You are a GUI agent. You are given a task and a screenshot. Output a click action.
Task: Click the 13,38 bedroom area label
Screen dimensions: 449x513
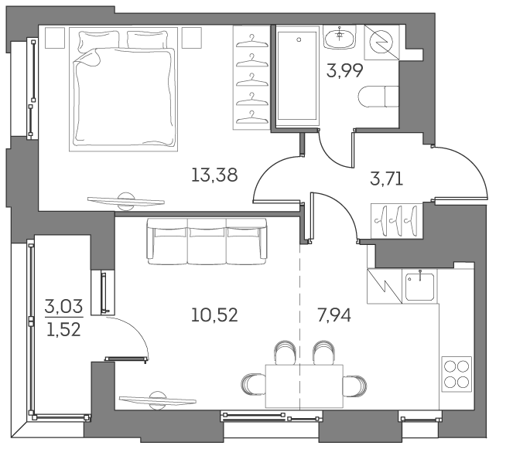coord(214,175)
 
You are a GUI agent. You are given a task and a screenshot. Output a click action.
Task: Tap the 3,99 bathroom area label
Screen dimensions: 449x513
coord(345,73)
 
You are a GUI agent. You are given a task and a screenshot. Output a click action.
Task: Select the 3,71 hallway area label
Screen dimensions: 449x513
coord(387,181)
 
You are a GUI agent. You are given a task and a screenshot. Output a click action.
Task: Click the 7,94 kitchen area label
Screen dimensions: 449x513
coord(334,315)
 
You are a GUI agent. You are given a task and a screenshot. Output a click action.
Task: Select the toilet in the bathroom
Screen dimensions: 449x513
coord(379,97)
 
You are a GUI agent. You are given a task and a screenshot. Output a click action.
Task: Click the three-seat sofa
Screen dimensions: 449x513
coord(207,240)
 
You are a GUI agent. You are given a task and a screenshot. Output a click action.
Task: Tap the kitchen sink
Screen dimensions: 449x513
coord(419,286)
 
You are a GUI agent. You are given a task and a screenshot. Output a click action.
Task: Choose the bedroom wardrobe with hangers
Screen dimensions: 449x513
coord(248,77)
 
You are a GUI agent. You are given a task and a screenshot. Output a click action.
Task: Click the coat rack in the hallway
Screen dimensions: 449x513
coord(396,219)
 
